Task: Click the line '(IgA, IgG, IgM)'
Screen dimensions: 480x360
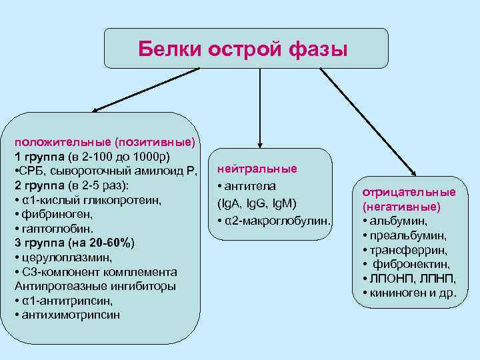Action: [x=257, y=203]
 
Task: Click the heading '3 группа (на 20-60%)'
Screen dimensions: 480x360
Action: [x=65, y=243]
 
